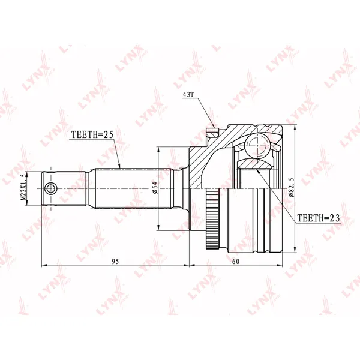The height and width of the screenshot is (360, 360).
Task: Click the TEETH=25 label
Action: point(93,135)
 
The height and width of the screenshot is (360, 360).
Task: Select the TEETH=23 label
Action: point(318,218)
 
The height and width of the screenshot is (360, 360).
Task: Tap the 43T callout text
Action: point(188,95)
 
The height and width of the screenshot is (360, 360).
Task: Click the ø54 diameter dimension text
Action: point(155,188)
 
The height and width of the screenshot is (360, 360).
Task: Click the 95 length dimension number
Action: point(115,262)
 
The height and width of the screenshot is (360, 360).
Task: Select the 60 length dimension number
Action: point(236,262)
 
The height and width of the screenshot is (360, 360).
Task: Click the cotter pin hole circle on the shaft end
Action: point(50,189)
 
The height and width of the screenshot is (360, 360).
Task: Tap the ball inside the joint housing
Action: point(256,145)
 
